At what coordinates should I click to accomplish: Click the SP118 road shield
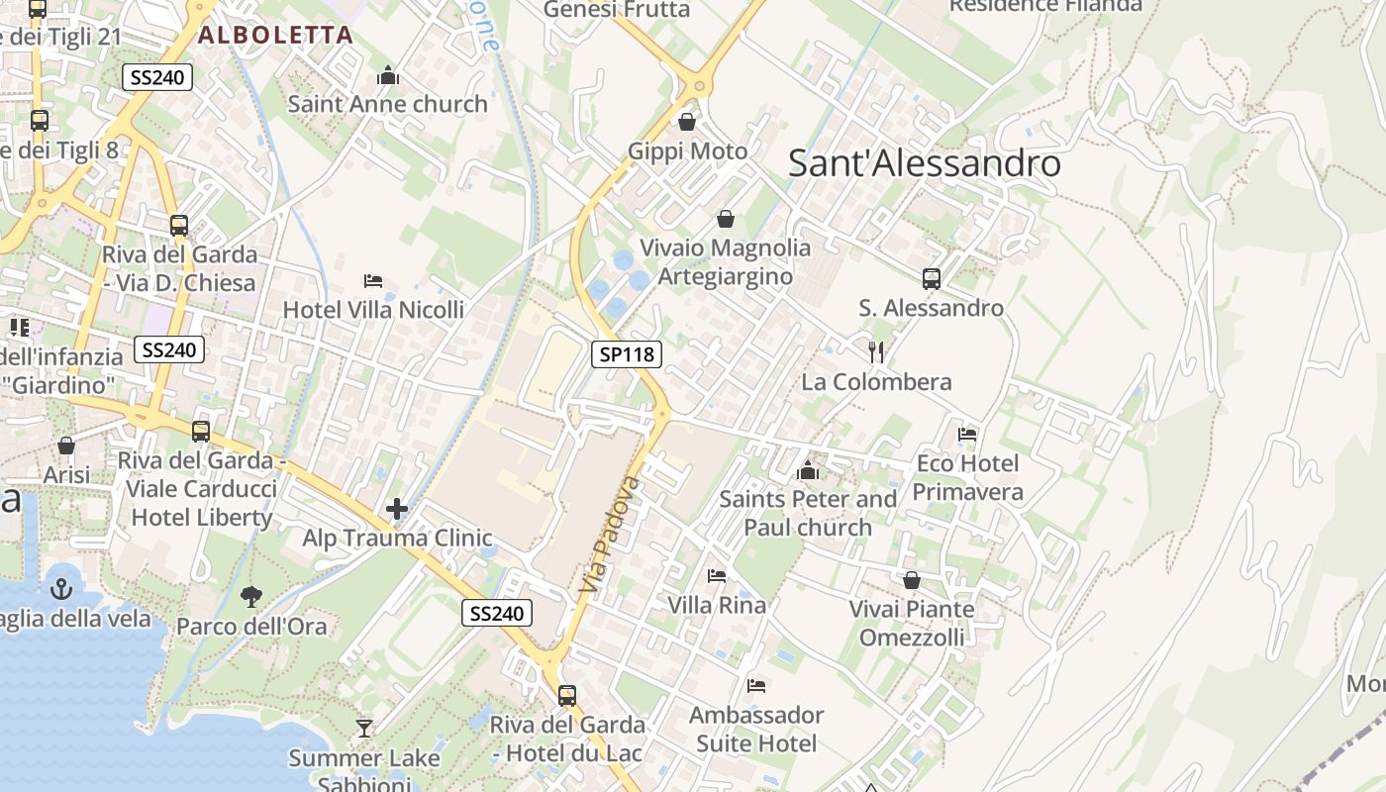click(627, 353)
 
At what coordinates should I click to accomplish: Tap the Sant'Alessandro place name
click(924, 163)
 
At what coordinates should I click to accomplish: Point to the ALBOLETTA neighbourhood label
click(275, 36)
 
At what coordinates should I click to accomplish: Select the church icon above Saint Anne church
click(388, 75)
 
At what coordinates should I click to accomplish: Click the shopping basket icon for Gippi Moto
click(687, 122)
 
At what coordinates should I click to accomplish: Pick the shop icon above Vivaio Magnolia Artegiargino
click(726, 218)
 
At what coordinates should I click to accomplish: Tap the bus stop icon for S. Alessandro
click(932, 279)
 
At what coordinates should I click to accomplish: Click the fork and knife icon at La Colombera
click(876, 352)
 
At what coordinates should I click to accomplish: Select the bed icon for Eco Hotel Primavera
click(967, 434)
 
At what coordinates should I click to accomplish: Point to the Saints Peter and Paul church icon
click(808, 470)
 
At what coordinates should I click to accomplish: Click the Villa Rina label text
click(717, 605)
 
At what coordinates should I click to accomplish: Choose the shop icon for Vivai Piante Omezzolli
click(912, 580)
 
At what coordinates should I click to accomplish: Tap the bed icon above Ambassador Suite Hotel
click(756, 685)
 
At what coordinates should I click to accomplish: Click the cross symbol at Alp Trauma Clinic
click(397, 509)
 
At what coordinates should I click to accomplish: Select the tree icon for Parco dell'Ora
click(251, 596)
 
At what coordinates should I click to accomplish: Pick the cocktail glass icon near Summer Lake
click(364, 729)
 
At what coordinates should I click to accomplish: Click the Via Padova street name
click(607, 536)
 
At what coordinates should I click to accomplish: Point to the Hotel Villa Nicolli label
click(373, 310)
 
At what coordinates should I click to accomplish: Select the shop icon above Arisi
click(66, 445)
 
